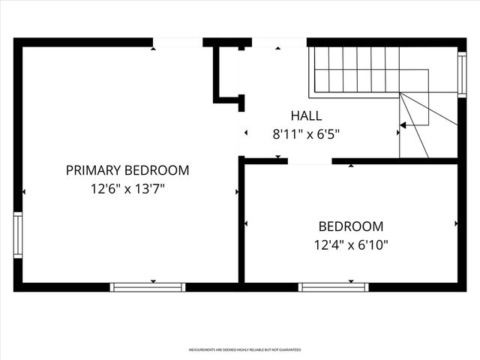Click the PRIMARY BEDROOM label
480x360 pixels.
[x=127, y=170]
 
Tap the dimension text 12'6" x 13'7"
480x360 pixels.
[x=127, y=190]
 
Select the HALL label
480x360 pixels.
[x=306, y=115]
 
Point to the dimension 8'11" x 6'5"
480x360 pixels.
[x=306, y=135]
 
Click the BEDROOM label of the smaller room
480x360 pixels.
[x=351, y=226]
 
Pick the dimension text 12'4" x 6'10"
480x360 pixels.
[x=351, y=244]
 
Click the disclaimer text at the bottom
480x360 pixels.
[x=244, y=350]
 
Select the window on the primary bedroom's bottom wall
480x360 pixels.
[x=148, y=286]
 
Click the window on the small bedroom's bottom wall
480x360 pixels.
[x=333, y=286]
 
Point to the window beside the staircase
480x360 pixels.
[x=462, y=72]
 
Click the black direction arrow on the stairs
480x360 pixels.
[x=403, y=125]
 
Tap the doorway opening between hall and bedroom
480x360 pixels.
[x=310, y=160]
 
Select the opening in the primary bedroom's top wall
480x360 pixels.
[x=178, y=43]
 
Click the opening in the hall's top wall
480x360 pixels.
[x=279, y=43]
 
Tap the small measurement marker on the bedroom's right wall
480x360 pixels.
[x=456, y=223]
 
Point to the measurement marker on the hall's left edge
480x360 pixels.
[x=246, y=133]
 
